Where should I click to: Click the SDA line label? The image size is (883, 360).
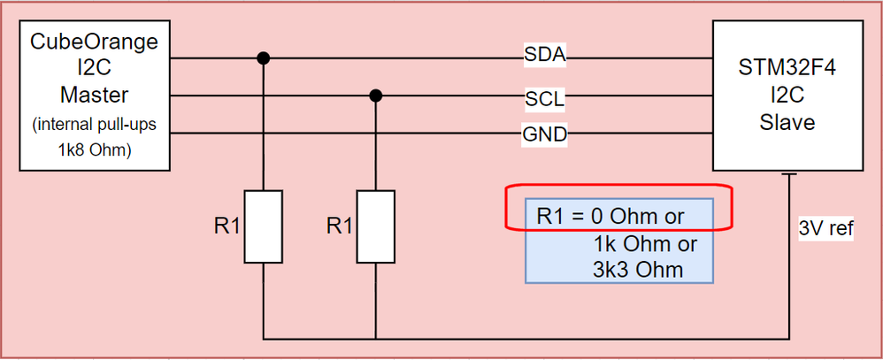(544, 57)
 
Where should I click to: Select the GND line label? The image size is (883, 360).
(544, 134)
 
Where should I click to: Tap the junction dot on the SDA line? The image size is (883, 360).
(263, 58)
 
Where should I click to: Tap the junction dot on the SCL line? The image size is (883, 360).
(376, 96)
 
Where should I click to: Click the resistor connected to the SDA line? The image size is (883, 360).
(263, 226)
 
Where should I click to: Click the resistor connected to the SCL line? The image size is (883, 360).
(376, 226)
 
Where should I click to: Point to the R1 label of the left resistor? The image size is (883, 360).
(227, 226)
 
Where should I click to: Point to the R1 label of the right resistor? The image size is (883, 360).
(340, 226)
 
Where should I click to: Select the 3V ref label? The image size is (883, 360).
(825, 229)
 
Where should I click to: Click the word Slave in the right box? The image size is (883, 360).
(787, 123)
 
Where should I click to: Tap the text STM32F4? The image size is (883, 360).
(787, 69)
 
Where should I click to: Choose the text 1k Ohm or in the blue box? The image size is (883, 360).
(648, 243)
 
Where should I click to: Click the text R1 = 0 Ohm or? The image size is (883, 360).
(610, 217)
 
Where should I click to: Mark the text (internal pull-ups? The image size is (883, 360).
(94, 124)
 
